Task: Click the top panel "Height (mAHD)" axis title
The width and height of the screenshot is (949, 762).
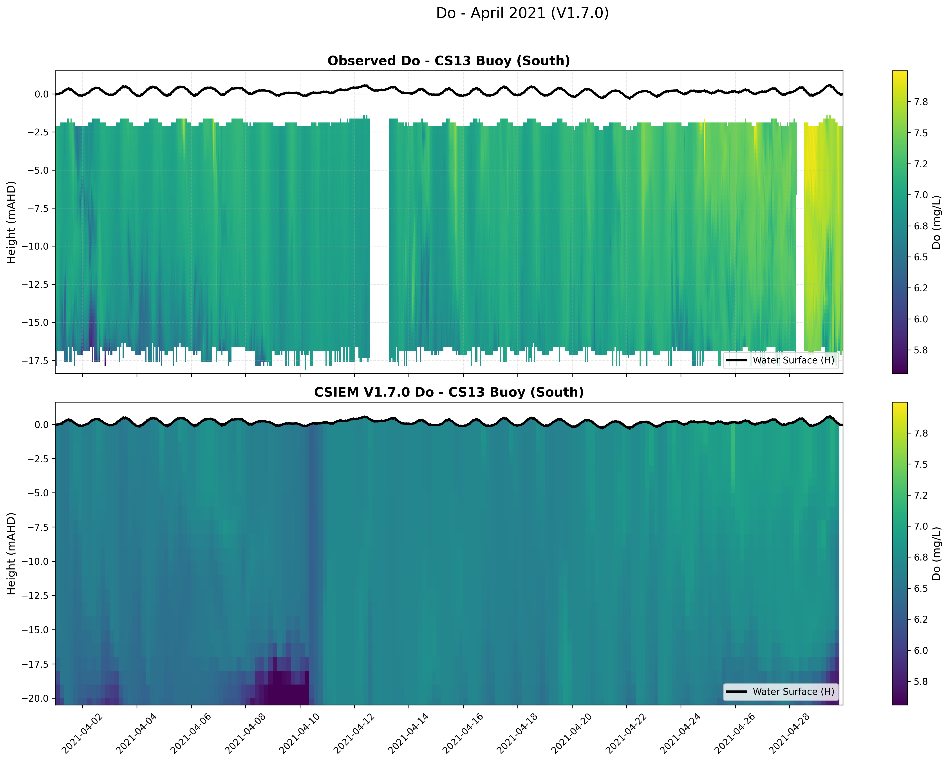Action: tap(11, 222)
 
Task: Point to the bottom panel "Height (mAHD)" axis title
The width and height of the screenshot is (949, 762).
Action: tap(11, 554)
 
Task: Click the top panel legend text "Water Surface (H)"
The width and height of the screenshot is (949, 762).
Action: tap(793, 360)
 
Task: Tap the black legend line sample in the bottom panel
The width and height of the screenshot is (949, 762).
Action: tap(736, 692)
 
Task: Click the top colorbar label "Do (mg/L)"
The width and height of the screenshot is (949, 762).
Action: tap(936, 222)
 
